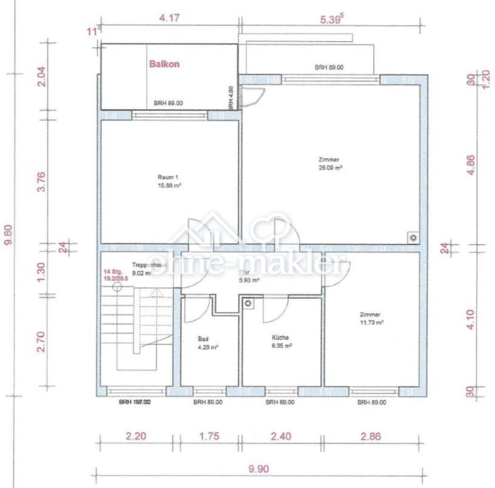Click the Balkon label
click(x=164, y=65)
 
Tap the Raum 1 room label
click(x=168, y=177)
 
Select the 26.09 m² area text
click(x=330, y=167)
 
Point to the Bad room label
click(x=203, y=339)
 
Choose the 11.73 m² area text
click(x=372, y=323)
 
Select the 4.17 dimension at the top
click(x=169, y=18)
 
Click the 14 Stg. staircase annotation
click(x=113, y=272)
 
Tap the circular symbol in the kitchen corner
click(x=249, y=303)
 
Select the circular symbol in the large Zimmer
click(x=413, y=238)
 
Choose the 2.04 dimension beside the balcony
click(x=42, y=76)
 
